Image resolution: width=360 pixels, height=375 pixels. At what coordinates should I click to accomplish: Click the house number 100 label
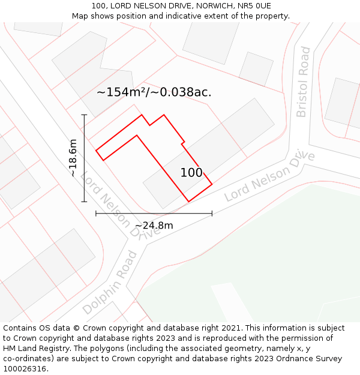(191, 173)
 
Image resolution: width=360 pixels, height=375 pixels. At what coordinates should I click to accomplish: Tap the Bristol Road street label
(303, 82)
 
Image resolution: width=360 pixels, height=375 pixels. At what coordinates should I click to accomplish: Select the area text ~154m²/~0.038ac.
(154, 92)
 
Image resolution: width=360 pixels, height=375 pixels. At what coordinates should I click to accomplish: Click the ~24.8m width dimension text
(154, 226)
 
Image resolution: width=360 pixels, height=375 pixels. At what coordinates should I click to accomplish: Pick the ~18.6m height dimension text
(73, 158)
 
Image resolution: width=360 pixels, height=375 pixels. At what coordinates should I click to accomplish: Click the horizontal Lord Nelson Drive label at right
(270, 175)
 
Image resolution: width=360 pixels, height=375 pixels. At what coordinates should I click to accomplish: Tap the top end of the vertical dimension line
(84, 115)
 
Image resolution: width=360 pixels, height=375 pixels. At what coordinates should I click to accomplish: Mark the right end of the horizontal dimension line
(212, 213)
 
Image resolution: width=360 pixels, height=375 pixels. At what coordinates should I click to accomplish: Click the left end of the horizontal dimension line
(96, 213)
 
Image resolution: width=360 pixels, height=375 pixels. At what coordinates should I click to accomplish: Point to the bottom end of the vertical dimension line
(84, 202)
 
